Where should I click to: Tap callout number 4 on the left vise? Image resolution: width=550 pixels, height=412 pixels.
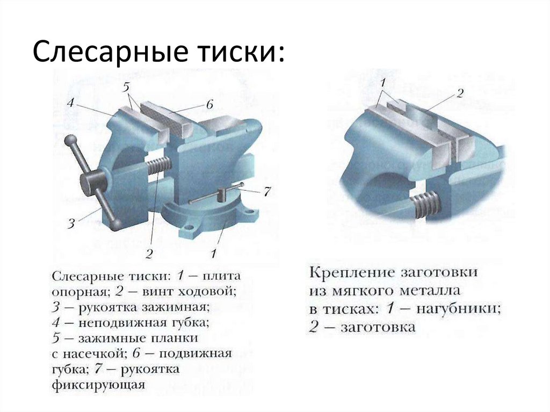coord(70,103)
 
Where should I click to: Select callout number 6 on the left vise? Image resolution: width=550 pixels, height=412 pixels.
coord(209,105)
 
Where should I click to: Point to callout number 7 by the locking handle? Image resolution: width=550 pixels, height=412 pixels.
coord(267,192)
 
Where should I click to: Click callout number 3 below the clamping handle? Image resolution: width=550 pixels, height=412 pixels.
coord(71,224)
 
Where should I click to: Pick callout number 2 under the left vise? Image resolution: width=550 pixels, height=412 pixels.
coord(150,254)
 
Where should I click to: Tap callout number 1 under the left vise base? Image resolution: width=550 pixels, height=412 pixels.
coord(213,254)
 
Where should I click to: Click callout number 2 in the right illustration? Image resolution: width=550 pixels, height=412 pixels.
coord(460,93)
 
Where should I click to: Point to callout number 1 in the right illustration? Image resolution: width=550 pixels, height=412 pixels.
coord(383,83)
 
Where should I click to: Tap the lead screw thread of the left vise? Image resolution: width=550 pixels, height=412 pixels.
coord(158,165)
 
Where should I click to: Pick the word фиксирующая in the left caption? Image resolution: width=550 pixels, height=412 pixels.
coord(99,385)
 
